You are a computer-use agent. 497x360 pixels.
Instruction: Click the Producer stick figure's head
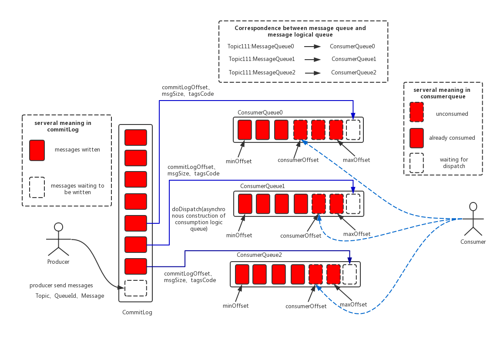[58, 227]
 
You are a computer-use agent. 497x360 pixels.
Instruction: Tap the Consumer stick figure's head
[473, 206]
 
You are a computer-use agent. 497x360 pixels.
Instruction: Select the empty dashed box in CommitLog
[136, 288]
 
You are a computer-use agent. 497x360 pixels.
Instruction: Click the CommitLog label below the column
[137, 313]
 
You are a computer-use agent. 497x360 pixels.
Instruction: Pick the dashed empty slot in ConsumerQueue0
[353, 130]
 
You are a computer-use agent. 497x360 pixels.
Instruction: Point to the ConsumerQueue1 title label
[262, 186]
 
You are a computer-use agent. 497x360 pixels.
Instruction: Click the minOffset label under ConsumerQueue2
[235, 306]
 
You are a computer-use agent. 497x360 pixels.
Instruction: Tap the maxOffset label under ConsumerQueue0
[356, 160]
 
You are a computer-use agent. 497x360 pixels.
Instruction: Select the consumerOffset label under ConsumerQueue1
[301, 236]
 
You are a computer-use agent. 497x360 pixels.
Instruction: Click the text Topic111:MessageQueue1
[262, 59]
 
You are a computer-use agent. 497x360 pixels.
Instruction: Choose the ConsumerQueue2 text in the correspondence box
[354, 73]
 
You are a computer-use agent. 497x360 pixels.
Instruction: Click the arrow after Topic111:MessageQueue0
[312, 47]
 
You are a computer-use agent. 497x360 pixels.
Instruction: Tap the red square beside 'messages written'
[37, 150]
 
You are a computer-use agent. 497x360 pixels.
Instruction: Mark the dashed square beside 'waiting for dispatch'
[416, 163]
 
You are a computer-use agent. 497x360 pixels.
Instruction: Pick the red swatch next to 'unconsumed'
[416, 112]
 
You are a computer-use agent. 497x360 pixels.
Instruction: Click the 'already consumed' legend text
[452, 138]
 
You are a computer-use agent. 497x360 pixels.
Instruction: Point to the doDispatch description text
[199, 219]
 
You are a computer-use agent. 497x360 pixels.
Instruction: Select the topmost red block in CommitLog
[136, 137]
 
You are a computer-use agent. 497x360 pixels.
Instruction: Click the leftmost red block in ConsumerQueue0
[245, 130]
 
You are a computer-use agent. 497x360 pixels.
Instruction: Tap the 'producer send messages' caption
[61, 286]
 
